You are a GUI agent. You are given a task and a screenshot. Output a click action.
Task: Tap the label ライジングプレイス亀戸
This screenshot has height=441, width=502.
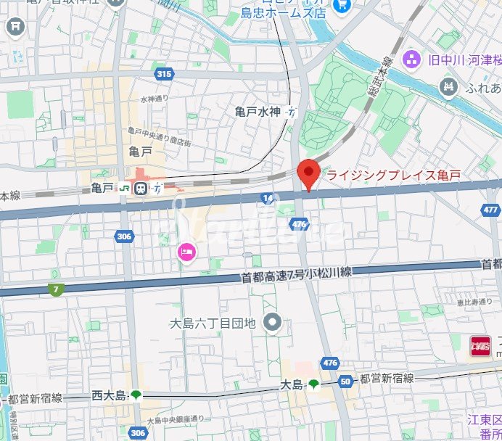coord(393,176)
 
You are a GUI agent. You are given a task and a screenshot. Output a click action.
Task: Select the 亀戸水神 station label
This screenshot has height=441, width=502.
coord(258,112)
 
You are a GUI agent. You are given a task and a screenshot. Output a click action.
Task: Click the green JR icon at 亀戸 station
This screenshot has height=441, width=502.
coord(126,189)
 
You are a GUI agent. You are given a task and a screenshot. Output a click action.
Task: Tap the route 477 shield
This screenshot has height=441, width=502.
coord(490,210)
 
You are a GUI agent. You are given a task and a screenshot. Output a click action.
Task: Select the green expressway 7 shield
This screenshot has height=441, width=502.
coord(55,289)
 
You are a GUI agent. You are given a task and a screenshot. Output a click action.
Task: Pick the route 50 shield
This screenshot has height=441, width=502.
coord(345,382)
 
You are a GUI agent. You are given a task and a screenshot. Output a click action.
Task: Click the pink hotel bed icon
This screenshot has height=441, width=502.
coord(186,252)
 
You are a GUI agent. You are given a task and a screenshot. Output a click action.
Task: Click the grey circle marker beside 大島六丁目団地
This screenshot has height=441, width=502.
coord(273,321)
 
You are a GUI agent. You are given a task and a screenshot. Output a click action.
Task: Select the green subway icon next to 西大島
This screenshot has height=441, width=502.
coord(136,395)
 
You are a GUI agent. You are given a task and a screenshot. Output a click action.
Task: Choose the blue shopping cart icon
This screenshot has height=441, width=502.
coord(342,7)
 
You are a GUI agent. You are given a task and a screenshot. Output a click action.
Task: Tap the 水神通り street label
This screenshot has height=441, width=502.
coord(154,99)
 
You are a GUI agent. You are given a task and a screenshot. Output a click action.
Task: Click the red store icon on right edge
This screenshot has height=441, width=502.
coord(480,345)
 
